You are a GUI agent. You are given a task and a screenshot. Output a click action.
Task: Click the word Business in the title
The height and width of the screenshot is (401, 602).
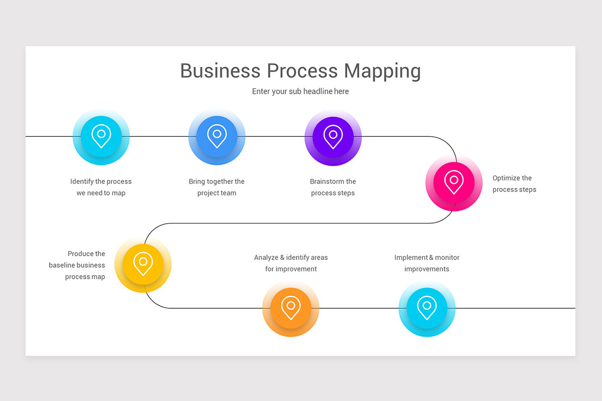tap(220, 71)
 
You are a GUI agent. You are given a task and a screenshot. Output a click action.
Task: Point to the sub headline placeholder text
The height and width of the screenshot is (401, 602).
tap(300, 91)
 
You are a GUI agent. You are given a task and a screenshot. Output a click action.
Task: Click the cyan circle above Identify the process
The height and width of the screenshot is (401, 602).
tap(101, 137)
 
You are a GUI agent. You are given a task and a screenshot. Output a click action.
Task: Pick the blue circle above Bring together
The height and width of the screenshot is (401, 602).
tap(217, 137)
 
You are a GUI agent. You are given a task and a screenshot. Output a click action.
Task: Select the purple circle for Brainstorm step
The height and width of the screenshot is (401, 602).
tap(333, 137)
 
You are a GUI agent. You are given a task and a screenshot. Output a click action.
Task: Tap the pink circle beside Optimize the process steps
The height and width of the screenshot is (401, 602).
tap(454, 182)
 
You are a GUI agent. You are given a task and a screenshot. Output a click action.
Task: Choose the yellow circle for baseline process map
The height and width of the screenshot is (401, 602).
tap(143, 264)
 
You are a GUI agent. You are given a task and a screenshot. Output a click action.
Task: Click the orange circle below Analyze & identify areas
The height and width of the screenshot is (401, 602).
tap(290, 308)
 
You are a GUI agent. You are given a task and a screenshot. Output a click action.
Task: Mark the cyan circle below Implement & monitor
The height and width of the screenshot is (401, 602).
tap(427, 308)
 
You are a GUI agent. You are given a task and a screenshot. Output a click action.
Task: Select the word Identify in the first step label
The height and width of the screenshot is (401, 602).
tap(81, 181)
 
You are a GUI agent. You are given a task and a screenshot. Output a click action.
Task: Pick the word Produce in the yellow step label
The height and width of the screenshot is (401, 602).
tap(80, 254)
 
